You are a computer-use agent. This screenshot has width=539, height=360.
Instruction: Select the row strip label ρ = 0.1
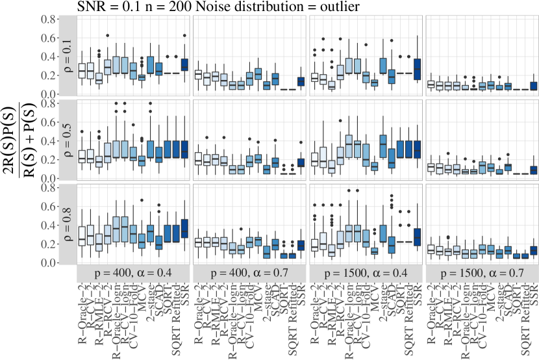[x=69, y=55]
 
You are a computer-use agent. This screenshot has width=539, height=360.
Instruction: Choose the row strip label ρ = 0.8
[x=69, y=223]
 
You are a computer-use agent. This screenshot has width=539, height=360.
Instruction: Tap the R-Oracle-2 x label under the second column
[x=197, y=305]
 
